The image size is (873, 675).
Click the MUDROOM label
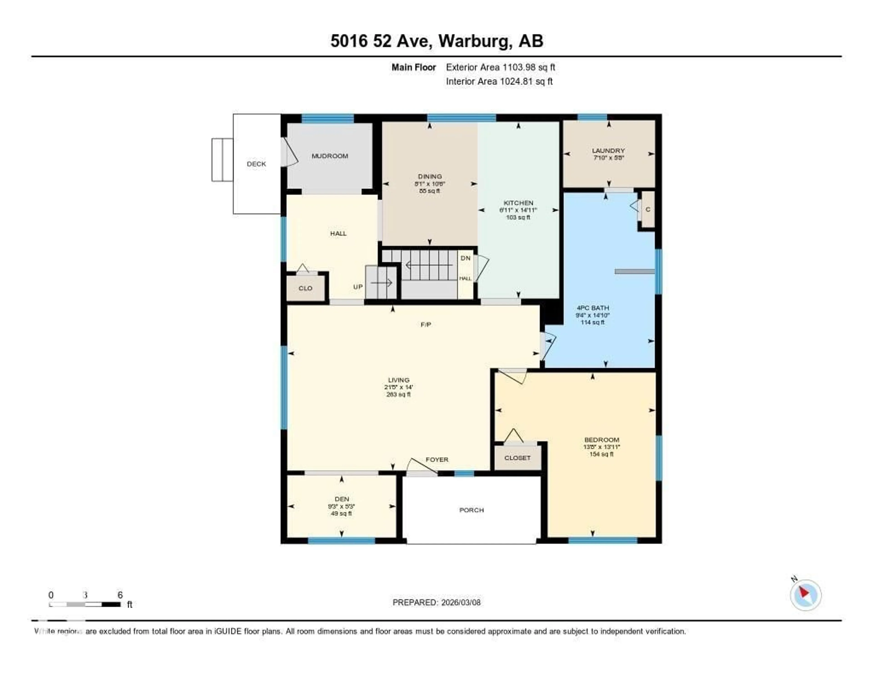pyautogui.click(x=330, y=156)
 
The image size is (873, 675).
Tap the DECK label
pyautogui.click(x=256, y=164)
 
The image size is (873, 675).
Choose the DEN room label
pyautogui.click(x=342, y=499)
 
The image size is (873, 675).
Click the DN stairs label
pyautogui.click(x=466, y=259)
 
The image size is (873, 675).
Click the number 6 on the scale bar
pyautogui.click(x=120, y=595)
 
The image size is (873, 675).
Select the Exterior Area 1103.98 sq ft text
pyautogui.click(x=500, y=68)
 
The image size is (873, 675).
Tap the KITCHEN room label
pyautogui.click(x=518, y=203)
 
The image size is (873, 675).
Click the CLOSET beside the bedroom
pyautogui.click(x=517, y=458)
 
